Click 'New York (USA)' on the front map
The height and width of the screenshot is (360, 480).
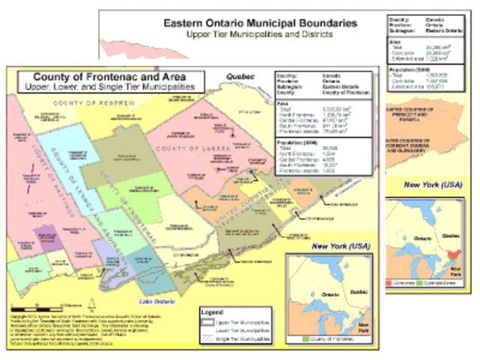tap(340, 246)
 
